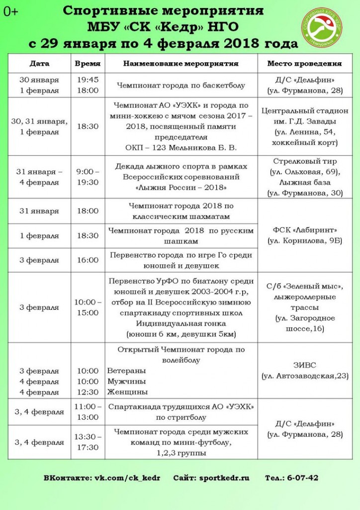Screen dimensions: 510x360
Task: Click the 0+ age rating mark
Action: click(x=10, y=12)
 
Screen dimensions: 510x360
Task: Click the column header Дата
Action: click(x=39, y=64)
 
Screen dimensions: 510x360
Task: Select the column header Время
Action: click(x=88, y=64)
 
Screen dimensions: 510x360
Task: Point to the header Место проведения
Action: click(x=304, y=64)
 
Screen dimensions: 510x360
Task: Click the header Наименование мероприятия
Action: click(x=180, y=64)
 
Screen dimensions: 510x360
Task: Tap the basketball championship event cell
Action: click(x=180, y=85)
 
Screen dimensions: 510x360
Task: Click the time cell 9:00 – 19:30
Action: click(x=88, y=177)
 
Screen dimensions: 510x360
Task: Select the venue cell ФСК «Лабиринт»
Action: click(x=304, y=235)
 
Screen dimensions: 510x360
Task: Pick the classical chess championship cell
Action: click(x=180, y=211)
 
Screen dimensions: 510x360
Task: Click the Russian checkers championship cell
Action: click(x=180, y=236)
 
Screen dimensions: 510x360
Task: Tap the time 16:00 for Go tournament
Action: click(x=88, y=260)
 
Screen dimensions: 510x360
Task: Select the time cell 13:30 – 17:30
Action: click(x=88, y=442)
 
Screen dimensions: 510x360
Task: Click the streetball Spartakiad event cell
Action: click(x=180, y=412)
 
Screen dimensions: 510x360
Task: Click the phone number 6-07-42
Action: click(x=302, y=478)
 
